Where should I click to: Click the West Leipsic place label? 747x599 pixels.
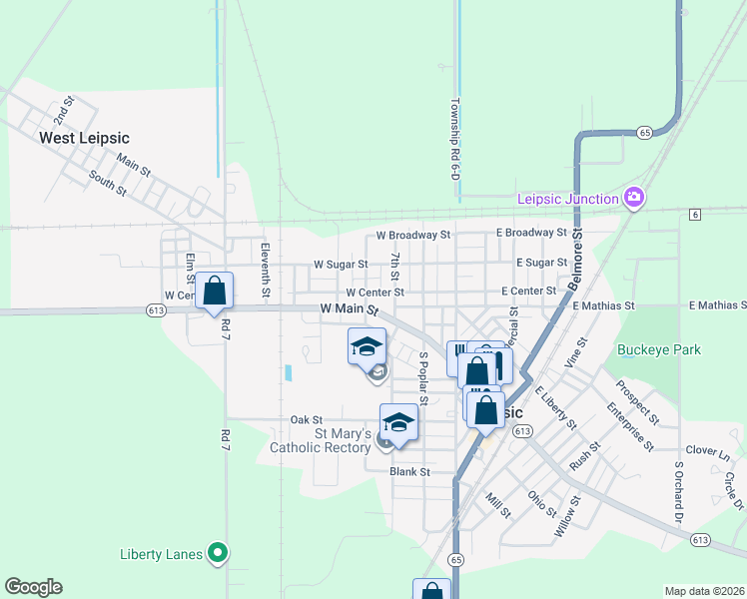point(84,138)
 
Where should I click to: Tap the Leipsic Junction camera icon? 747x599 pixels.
point(633,198)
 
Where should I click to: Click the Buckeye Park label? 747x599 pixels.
point(658,349)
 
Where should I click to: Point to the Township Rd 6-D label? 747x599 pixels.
point(454,139)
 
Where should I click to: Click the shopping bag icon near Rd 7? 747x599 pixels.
point(214,292)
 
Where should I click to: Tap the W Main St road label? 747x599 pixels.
point(350,311)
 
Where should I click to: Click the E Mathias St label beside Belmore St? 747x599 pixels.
point(604,304)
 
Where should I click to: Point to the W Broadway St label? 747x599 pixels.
point(413,235)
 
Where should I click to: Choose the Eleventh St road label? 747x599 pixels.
point(266,271)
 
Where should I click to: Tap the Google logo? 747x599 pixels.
point(33,587)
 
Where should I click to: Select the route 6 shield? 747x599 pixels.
point(694,214)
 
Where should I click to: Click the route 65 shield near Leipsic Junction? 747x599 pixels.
point(645,132)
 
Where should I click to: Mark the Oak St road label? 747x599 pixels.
point(306,420)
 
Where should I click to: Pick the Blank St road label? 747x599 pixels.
point(409,471)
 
